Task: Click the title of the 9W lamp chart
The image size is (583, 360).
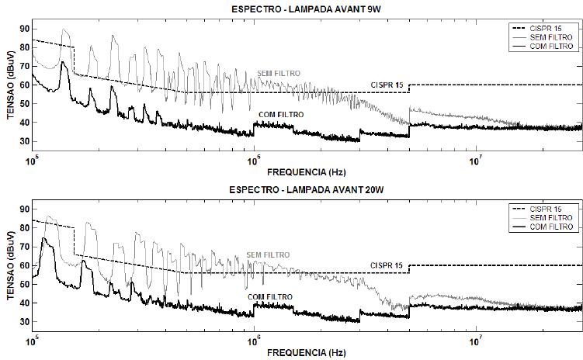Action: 306,9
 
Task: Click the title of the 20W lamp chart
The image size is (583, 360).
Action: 307,190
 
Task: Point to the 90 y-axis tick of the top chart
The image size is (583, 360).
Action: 25,29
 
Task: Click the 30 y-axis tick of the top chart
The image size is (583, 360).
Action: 25,141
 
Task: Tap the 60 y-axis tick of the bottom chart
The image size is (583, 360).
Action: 25,265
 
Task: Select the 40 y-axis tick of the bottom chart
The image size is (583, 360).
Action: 25,303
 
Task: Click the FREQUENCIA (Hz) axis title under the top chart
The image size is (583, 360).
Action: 307,172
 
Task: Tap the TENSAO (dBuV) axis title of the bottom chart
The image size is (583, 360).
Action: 10,265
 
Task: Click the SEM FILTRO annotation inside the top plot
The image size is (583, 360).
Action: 279,74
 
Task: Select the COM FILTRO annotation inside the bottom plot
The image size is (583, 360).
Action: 270,297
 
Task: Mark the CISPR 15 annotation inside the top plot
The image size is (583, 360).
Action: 387,85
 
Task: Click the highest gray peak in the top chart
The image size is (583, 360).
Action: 64,29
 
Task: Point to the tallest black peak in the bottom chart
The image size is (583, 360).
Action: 44,238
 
